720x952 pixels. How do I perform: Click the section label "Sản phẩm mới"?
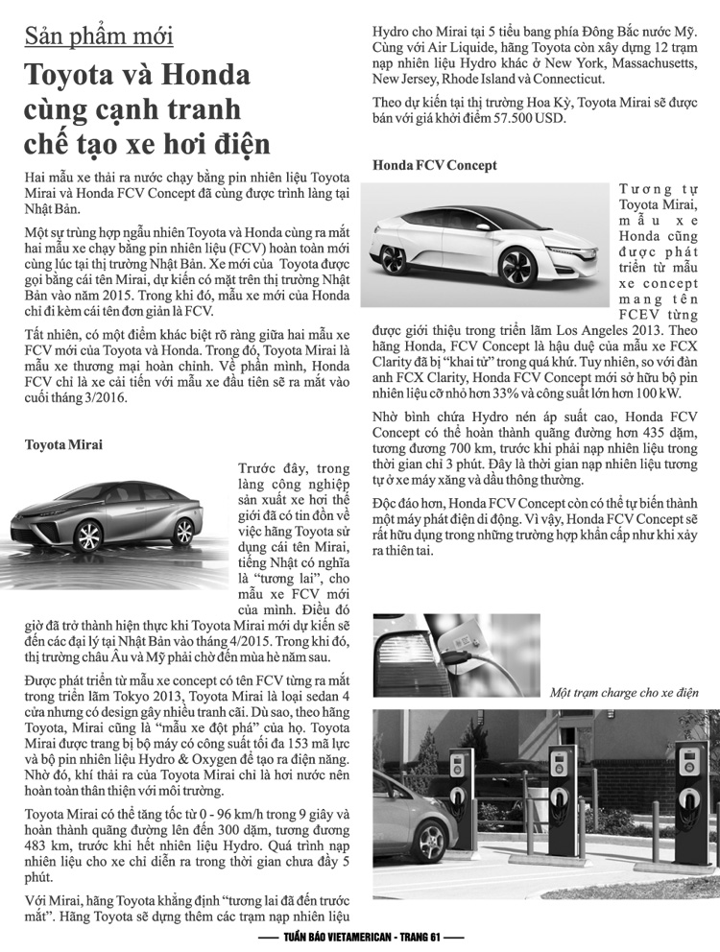(x=99, y=36)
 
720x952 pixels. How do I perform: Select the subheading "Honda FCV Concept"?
(x=435, y=165)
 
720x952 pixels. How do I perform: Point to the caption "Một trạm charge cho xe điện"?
(x=624, y=693)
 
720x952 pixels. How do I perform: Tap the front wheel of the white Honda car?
(x=516, y=266)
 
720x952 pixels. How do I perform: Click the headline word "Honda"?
(x=198, y=75)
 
